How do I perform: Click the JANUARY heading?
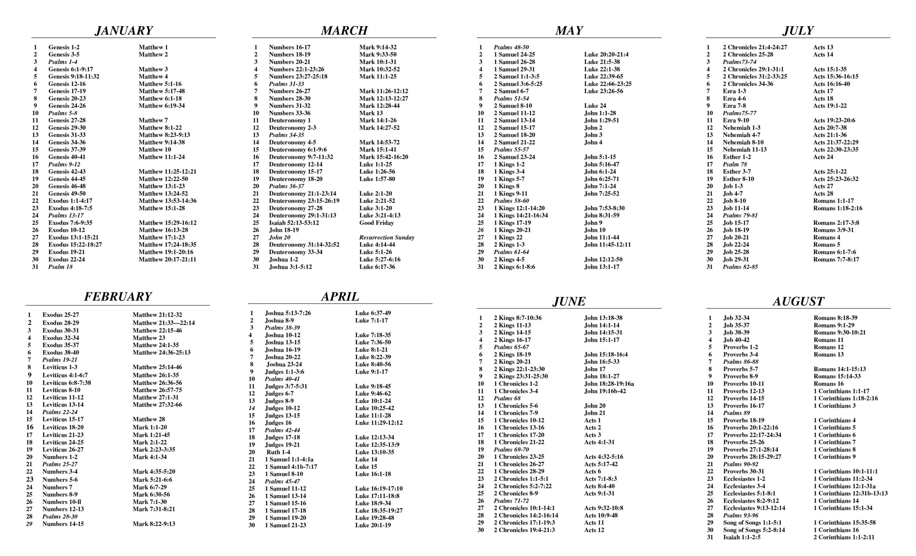pos(124,30)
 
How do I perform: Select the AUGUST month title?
pos(798,301)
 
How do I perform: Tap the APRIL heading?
pos(340,296)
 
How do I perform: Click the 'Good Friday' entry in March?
pos(376,223)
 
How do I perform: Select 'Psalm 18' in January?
pos(60,267)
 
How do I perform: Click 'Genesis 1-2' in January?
pos(64,47)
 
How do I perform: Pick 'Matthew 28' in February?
pos(149,419)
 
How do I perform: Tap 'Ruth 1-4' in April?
pos(278,452)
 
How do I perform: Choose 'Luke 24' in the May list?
pos(595,106)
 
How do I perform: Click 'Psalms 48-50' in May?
pos(511,47)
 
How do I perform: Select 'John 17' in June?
pos(595,369)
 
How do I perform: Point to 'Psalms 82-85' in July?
pos(740,267)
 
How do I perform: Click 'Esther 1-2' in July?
pos(737,157)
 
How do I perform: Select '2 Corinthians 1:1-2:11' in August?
pos(844,537)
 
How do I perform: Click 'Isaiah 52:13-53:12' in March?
pos(294,223)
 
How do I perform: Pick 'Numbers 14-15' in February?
pos(63,524)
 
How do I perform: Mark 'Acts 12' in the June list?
pos(594,530)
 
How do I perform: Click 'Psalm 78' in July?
pos(735,164)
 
